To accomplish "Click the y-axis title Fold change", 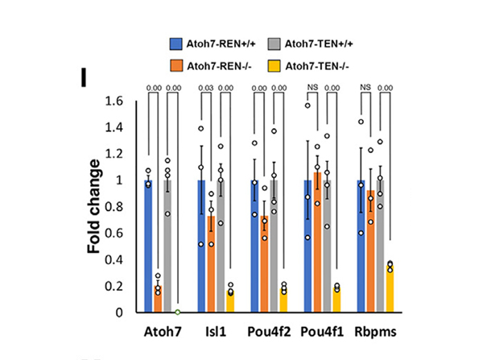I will point(95,206).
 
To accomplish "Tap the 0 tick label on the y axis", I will point(122,312).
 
